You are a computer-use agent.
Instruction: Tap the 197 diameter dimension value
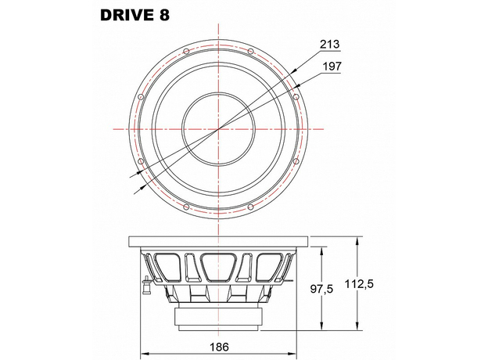point(332,67)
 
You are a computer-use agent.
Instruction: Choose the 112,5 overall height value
point(382,284)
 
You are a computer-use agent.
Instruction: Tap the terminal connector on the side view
point(145,284)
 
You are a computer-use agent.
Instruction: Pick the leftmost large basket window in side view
point(170,266)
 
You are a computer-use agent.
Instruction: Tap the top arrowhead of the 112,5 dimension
point(357,240)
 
